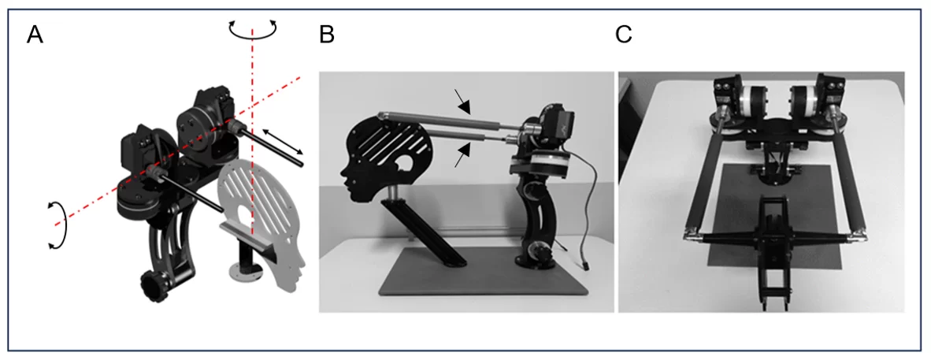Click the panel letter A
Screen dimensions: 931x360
tap(35, 35)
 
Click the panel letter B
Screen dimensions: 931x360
tap(327, 35)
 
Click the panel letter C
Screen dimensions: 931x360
tap(624, 35)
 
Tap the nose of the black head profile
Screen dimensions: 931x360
tap(343, 173)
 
